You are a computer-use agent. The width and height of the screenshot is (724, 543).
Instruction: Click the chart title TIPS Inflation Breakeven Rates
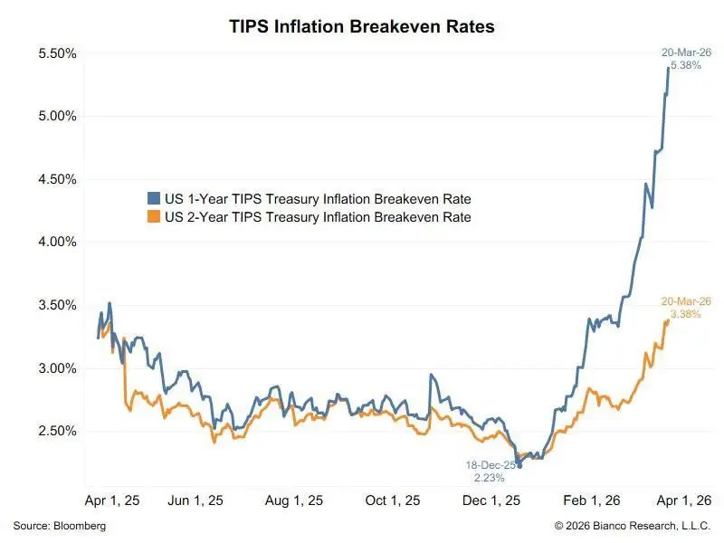click(x=362, y=27)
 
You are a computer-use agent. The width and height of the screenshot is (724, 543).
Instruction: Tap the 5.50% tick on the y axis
click(x=57, y=53)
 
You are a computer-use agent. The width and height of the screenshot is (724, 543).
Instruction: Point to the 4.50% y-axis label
click(x=57, y=179)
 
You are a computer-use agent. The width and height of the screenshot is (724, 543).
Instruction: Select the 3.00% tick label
click(x=57, y=368)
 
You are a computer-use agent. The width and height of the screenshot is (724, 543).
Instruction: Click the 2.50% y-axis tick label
click(x=57, y=431)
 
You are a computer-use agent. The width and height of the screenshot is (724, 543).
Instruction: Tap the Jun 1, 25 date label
click(x=197, y=500)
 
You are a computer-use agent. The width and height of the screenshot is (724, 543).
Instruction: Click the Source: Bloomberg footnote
click(x=59, y=526)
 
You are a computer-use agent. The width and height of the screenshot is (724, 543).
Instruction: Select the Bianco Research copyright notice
click(x=633, y=526)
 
